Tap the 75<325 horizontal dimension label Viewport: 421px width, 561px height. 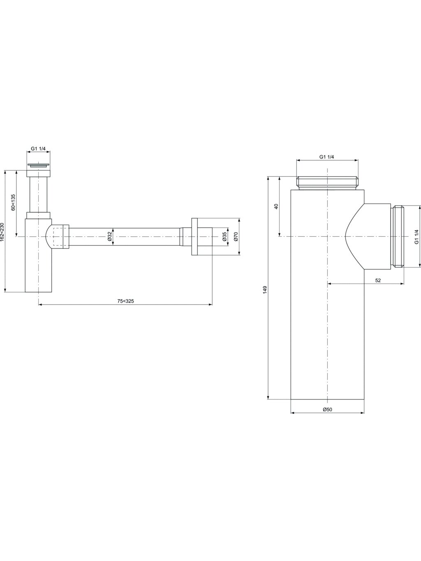click(125, 301)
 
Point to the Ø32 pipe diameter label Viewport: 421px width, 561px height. click(109, 236)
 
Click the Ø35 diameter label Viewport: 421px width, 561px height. click(224, 236)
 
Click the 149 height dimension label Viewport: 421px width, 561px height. click(265, 290)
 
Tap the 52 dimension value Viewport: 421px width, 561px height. click(378, 280)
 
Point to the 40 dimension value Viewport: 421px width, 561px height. click(276, 206)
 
